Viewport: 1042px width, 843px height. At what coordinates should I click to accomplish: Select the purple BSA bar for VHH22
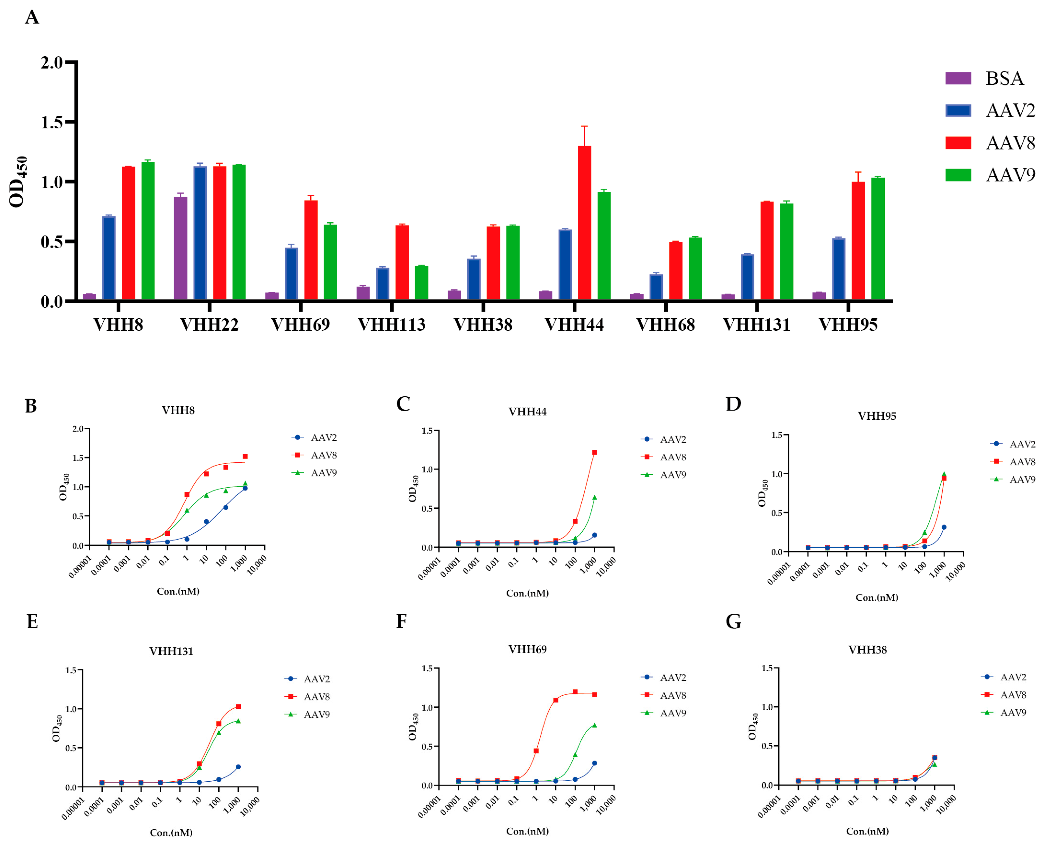[180, 248]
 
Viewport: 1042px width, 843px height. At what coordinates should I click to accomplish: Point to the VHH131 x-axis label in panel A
[756, 324]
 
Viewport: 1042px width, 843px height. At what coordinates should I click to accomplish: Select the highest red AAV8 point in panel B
[245, 456]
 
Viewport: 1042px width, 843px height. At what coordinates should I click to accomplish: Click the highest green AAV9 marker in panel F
[594, 725]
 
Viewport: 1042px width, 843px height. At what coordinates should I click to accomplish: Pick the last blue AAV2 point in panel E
[238, 767]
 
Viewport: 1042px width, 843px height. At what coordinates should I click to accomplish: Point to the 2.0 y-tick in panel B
[78, 429]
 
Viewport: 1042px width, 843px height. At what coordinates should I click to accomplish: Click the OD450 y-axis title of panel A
[19, 182]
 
